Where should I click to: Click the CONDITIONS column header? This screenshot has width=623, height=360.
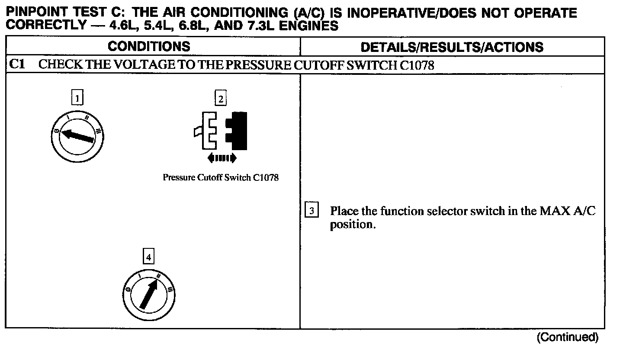click(x=149, y=46)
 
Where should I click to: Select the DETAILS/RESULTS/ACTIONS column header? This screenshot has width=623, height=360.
click(x=452, y=47)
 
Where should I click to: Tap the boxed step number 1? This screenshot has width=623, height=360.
click(x=77, y=99)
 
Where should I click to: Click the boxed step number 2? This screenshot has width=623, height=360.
click(x=221, y=99)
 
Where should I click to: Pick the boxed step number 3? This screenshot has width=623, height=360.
click(x=312, y=211)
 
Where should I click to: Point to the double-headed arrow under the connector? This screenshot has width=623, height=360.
click(x=222, y=158)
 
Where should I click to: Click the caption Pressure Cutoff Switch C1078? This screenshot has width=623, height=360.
click(x=221, y=177)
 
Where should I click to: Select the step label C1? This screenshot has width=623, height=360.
click(x=17, y=65)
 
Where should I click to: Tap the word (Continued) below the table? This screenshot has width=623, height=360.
click(x=567, y=337)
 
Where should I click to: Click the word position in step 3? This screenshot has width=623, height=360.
click(x=351, y=225)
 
